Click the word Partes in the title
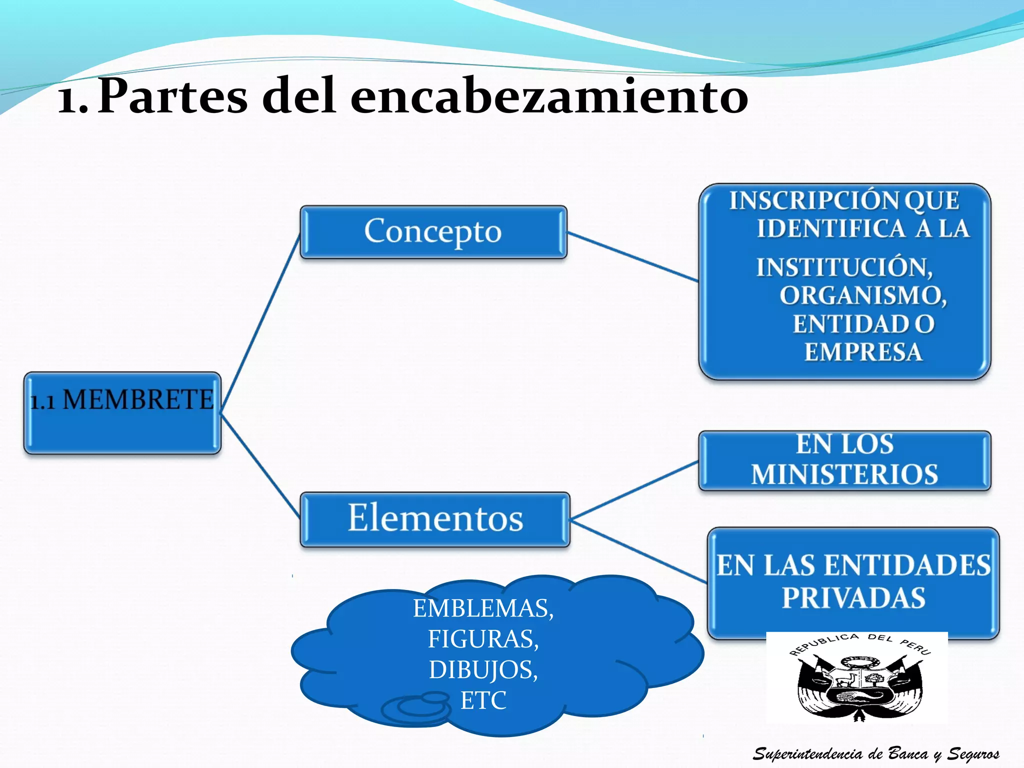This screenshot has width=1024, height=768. pos(172,96)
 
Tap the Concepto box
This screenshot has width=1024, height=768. pos(433,232)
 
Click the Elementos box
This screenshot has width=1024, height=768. pos(435,519)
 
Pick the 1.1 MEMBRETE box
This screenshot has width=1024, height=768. pos(122,413)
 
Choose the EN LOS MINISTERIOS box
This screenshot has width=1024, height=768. pos(844,460)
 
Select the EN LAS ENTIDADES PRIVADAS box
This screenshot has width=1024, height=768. pos(853,582)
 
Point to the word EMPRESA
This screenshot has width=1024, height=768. pos(863,352)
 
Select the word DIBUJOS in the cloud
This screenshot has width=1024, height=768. pos(483,670)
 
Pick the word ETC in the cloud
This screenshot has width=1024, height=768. pos(483,700)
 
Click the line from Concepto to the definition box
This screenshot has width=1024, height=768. pos(632,256)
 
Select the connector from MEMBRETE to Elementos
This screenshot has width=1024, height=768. pos(260,465)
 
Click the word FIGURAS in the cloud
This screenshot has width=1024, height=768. pos(483,639)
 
